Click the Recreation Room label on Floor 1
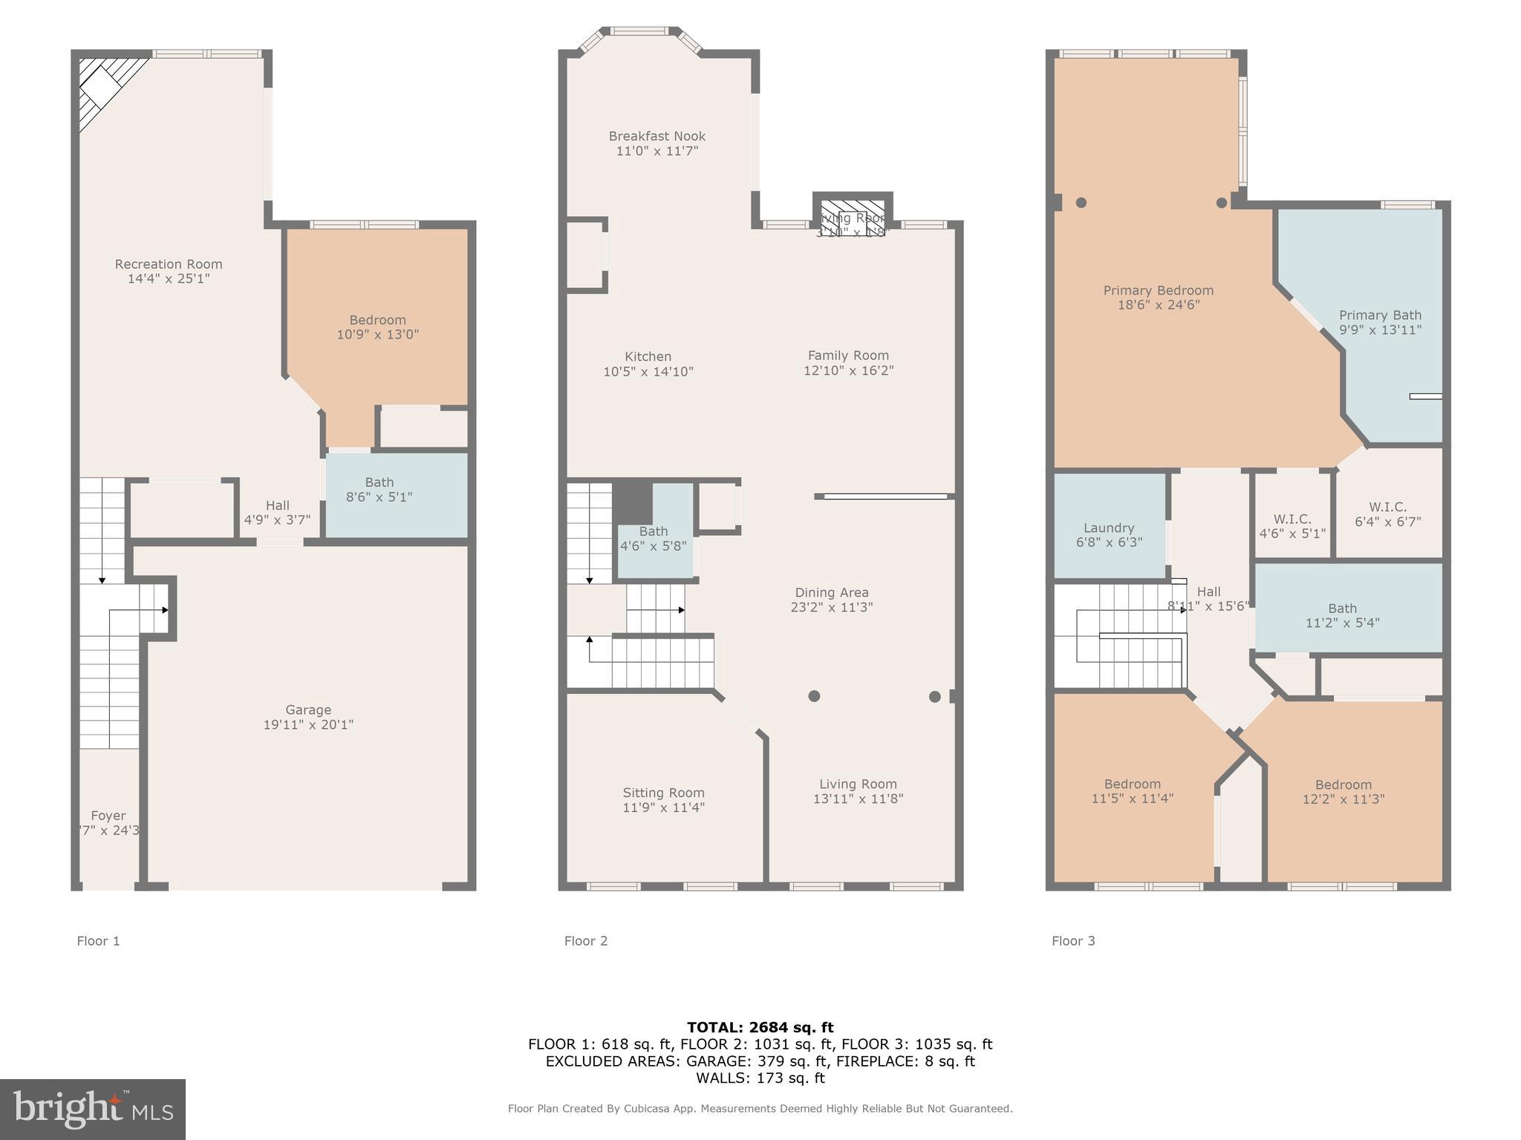coord(169,264)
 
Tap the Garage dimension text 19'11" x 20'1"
coord(308,724)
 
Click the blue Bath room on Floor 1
coord(396,494)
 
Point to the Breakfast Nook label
coord(657,137)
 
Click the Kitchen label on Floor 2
coord(648,357)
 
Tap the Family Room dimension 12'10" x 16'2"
coord(848,370)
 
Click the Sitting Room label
coord(663,793)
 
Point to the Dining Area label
coord(831,592)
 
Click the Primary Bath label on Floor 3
coord(1379,315)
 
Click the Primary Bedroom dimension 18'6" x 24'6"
coord(1159,304)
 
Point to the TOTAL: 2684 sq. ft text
coord(760,1027)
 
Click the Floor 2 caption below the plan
coord(585,941)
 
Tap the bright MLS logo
coord(93,1109)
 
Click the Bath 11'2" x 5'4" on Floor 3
coord(1342,615)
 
